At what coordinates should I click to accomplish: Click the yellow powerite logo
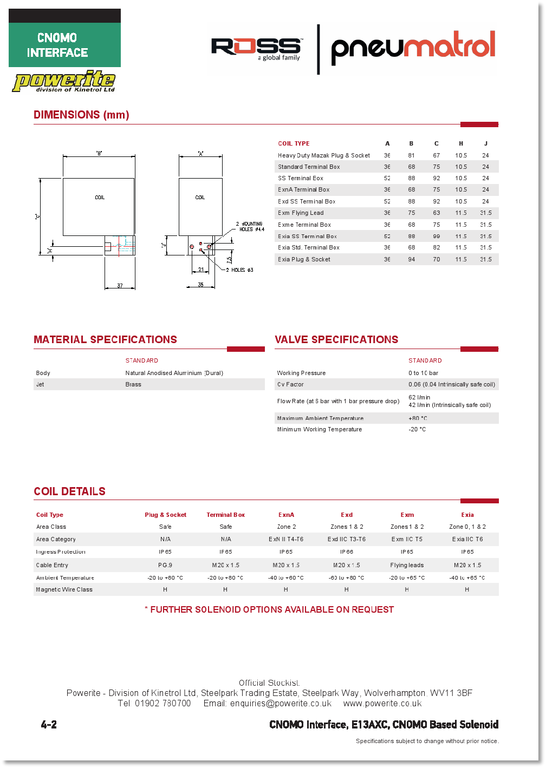pyautogui.click(x=64, y=81)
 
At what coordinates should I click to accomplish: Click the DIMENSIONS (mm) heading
pyautogui.click(x=81, y=115)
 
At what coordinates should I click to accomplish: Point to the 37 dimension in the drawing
pyautogui.click(x=120, y=286)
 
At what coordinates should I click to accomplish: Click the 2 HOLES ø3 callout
pyautogui.click(x=239, y=270)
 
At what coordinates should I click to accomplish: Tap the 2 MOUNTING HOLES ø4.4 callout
pyautogui.click(x=250, y=226)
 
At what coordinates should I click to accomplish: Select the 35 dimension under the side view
pyautogui.click(x=200, y=285)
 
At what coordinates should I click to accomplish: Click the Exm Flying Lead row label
pyautogui.click(x=301, y=213)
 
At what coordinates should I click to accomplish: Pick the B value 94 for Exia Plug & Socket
pyautogui.click(x=412, y=259)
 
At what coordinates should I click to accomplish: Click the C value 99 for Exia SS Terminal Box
pyautogui.click(x=437, y=237)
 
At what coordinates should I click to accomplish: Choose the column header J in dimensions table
pyautogui.click(x=485, y=143)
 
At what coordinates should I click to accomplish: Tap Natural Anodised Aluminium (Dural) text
pyautogui.click(x=174, y=373)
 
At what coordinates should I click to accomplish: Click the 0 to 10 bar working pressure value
pyautogui.click(x=423, y=373)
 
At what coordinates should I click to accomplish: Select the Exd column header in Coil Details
pyautogui.click(x=347, y=515)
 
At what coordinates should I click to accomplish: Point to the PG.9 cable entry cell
pyautogui.click(x=165, y=565)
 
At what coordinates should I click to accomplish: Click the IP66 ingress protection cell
pyautogui.click(x=347, y=552)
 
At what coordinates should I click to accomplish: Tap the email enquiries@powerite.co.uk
pyautogui.click(x=281, y=704)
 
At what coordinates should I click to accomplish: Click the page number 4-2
pyautogui.click(x=49, y=725)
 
